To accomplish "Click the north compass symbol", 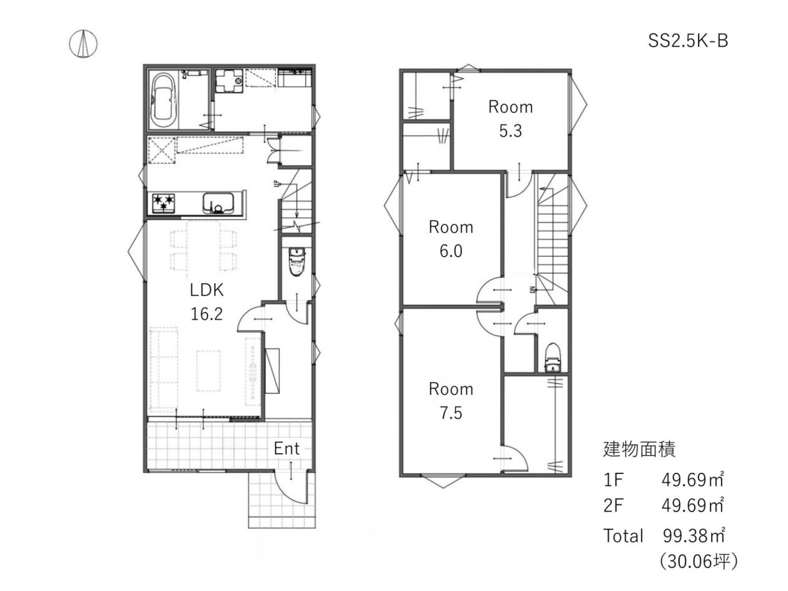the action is click(x=83, y=43).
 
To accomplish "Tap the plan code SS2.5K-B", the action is click(x=688, y=41).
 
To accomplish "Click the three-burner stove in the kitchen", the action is click(x=164, y=203).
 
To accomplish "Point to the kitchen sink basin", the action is click(x=218, y=202).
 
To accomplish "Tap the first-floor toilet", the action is click(x=297, y=261).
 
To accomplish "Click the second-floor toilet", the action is click(x=553, y=358).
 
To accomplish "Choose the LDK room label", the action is click(x=206, y=290).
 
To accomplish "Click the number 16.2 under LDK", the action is click(x=206, y=314).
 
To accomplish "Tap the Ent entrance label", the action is click(x=286, y=449).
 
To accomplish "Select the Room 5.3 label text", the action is click(x=510, y=119).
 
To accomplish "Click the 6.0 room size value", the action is click(x=450, y=252).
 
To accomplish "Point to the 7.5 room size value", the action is click(x=450, y=412).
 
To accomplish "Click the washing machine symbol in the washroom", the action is click(x=229, y=81).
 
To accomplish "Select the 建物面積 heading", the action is click(x=639, y=449).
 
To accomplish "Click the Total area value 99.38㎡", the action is click(x=693, y=536).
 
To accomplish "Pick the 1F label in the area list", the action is click(x=613, y=480).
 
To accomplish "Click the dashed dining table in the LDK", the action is click(x=203, y=250).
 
